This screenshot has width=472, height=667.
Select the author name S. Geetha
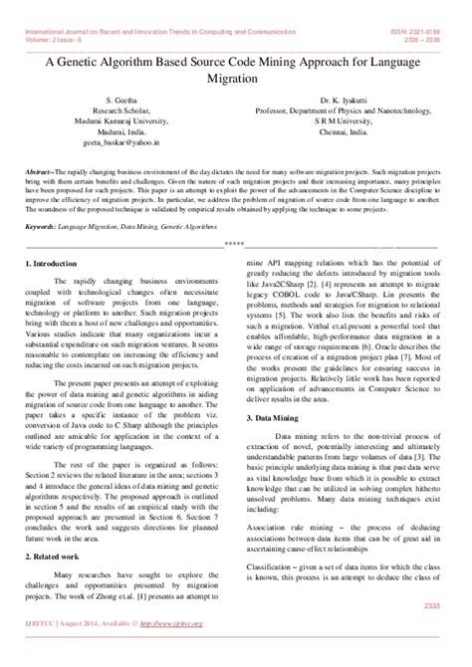click(x=120, y=102)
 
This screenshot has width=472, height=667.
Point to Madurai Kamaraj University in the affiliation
click(x=120, y=121)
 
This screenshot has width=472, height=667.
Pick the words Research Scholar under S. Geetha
click(x=120, y=111)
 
